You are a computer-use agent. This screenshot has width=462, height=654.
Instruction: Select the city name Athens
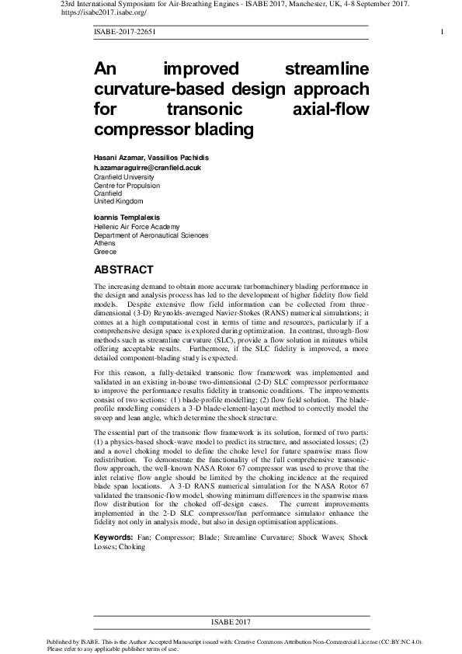point(105,243)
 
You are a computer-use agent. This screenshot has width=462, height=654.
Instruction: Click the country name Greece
point(105,252)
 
